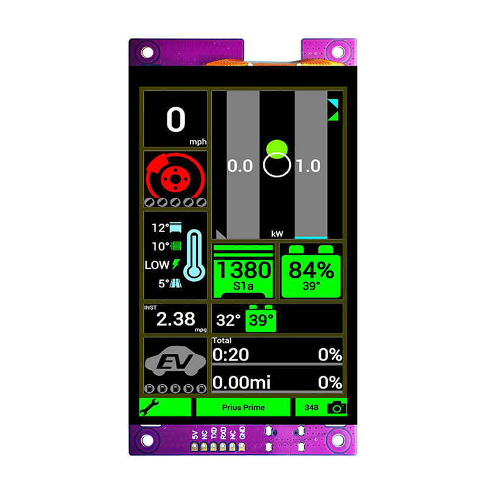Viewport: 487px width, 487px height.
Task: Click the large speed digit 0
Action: [176, 119]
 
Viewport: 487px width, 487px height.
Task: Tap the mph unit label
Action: [198, 142]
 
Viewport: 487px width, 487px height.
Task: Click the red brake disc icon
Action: [175, 176]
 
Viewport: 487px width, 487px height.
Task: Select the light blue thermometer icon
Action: [194, 255]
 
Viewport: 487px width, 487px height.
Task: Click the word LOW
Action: [156, 265]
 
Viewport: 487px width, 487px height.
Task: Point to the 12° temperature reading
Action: [160, 228]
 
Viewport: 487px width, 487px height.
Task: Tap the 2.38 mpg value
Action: [176, 319]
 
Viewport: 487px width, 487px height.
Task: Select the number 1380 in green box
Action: [244, 270]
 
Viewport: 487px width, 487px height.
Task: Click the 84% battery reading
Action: [311, 270]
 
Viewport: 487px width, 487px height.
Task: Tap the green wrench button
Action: [165, 407]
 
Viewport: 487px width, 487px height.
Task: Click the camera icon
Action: [337, 407]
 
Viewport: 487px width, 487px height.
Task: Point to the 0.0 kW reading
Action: [240, 166]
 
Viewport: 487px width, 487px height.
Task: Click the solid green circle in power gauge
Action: [277, 149]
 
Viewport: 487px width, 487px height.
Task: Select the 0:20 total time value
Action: [231, 354]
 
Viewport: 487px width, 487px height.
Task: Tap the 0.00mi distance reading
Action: [241, 382]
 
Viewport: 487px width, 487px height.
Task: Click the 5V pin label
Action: [195, 435]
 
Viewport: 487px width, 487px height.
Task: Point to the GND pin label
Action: [242, 433]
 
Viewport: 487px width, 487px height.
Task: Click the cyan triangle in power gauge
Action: [334, 103]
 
